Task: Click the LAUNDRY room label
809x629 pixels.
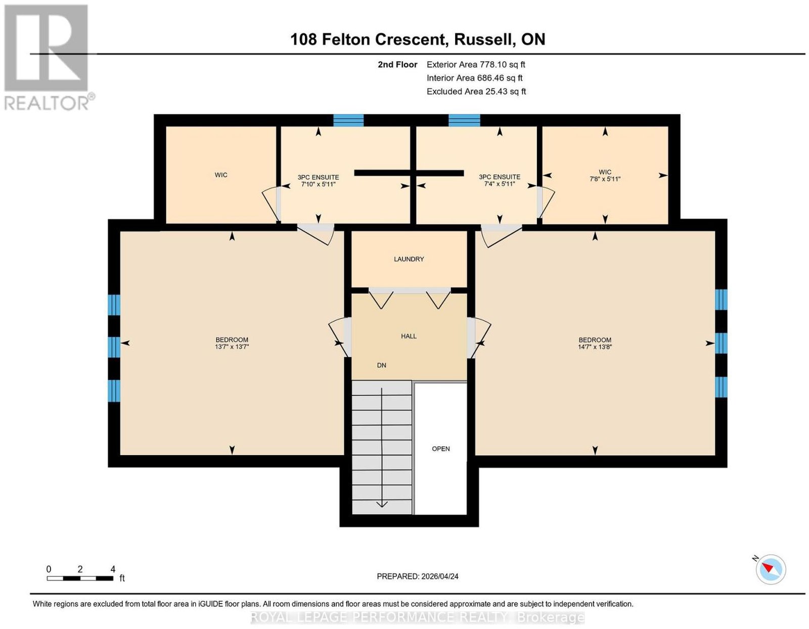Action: [x=409, y=259]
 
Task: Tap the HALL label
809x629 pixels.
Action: [x=409, y=336]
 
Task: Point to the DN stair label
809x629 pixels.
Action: [x=381, y=365]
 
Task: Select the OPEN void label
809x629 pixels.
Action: [x=440, y=449]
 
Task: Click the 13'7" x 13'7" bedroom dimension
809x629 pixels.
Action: [x=232, y=347]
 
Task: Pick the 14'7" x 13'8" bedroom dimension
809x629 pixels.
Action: [x=595, y=347]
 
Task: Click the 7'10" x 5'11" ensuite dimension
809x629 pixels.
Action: [x=318, y=184]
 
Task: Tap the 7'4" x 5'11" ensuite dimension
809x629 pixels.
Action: [x=499, y=184]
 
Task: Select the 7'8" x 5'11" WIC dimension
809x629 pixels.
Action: [x=605, y=179]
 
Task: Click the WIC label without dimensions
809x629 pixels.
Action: [x=221, y=175]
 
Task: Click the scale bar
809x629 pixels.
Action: [x=80, y=578]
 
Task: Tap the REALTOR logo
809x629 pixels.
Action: [x=48, y=58]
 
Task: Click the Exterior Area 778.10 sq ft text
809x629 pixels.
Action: [x=475, y=64]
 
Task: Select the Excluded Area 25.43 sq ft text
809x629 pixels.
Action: [x=476, y=91]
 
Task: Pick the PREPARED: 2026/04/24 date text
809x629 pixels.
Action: [x=417, y=576]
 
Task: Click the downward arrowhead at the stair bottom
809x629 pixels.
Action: [x=382, y=504]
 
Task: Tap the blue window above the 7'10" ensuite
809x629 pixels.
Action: [x=348, y=120]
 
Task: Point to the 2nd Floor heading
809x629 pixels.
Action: [x=397, y=64]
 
